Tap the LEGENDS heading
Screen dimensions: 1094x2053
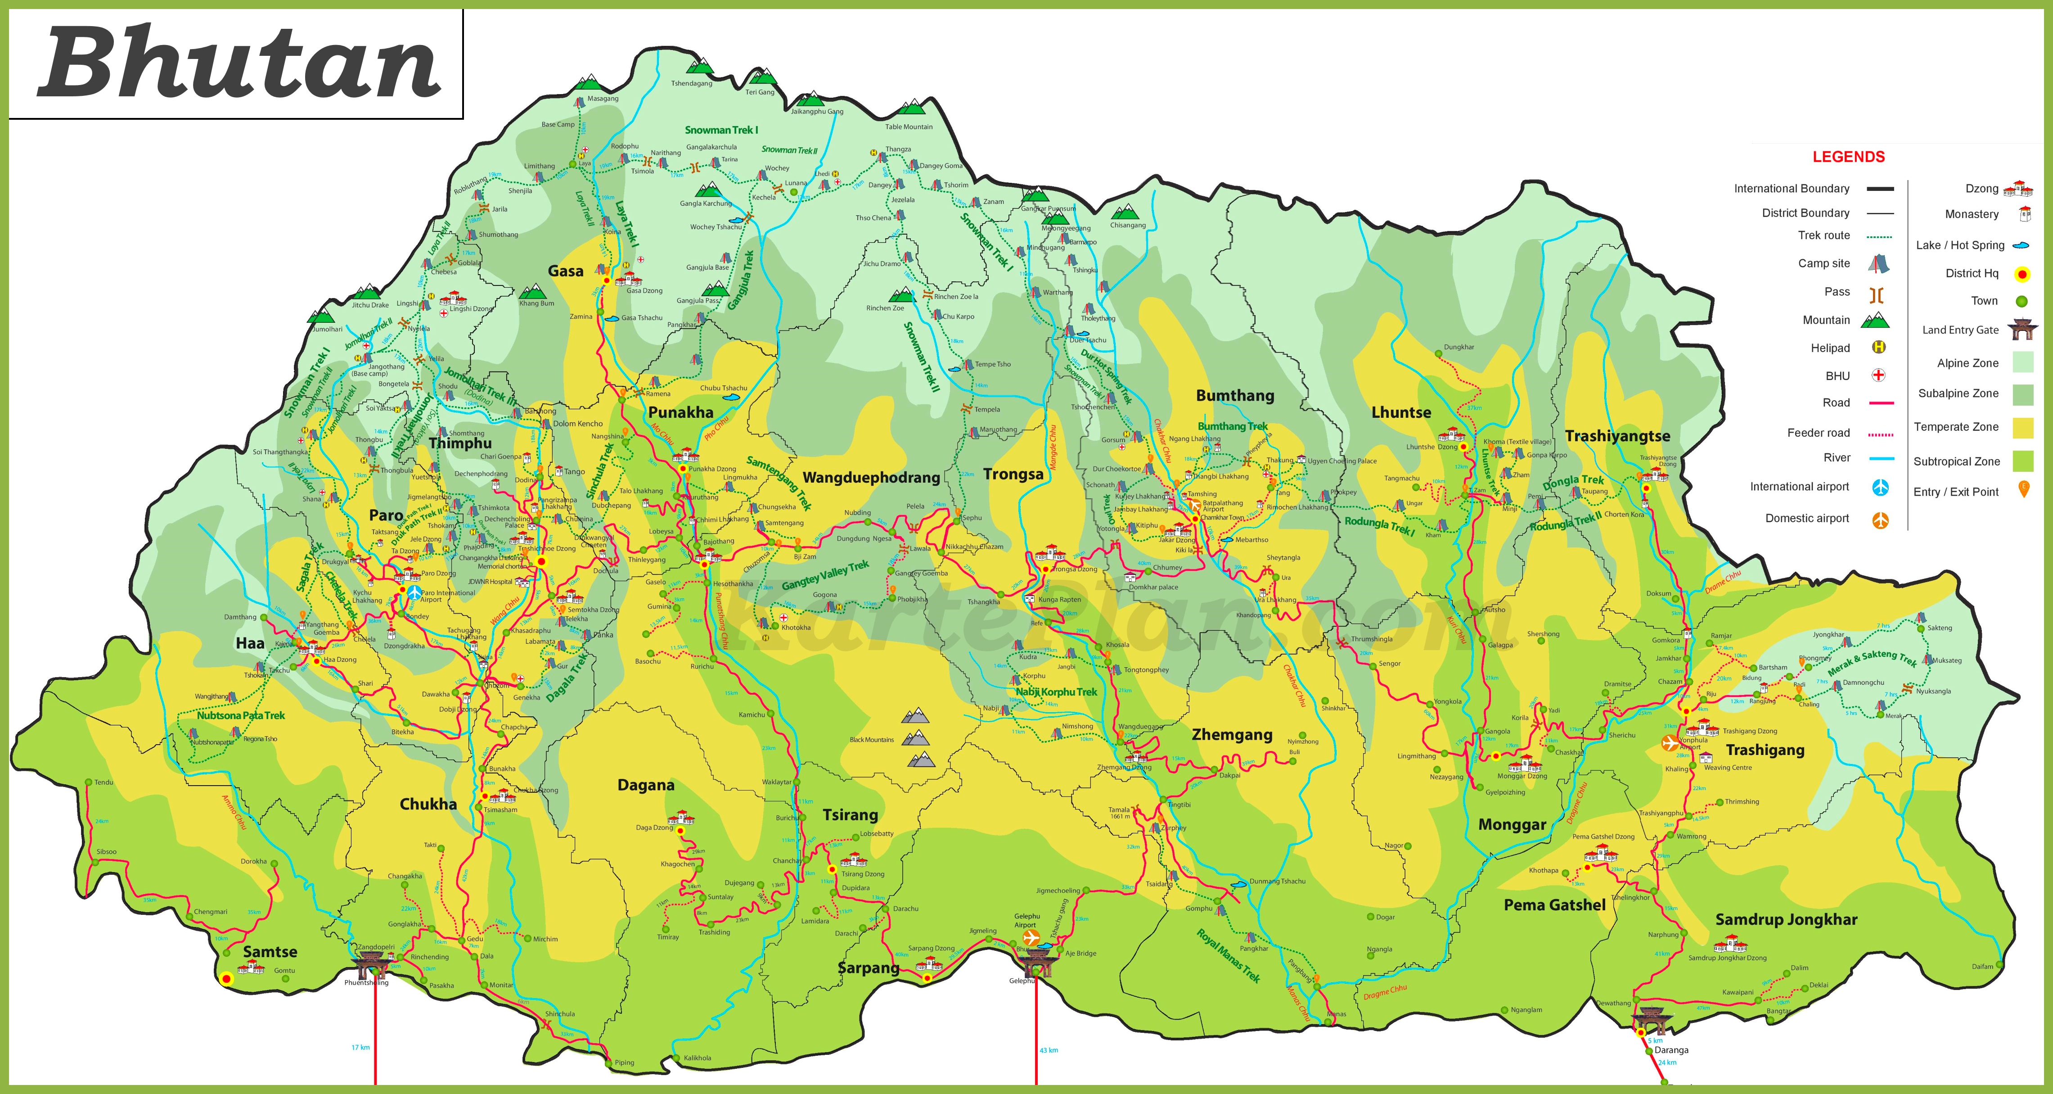[x=1848, y=157]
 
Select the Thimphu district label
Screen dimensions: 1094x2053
[x=460, y=443]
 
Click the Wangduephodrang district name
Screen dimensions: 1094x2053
[x=871, y=478]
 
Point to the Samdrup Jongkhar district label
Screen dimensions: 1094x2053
[x=1786, y=919]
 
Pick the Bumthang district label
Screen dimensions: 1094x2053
[x=1234, y=395]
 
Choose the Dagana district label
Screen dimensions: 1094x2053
[x=645, y=786]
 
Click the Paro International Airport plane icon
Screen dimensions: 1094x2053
[x=414, y=593]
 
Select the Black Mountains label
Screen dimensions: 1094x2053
[x=872, y=740]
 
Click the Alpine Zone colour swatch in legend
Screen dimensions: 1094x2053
[x=2023, y=363]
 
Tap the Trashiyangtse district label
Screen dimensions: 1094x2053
[x=1617, y=436]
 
